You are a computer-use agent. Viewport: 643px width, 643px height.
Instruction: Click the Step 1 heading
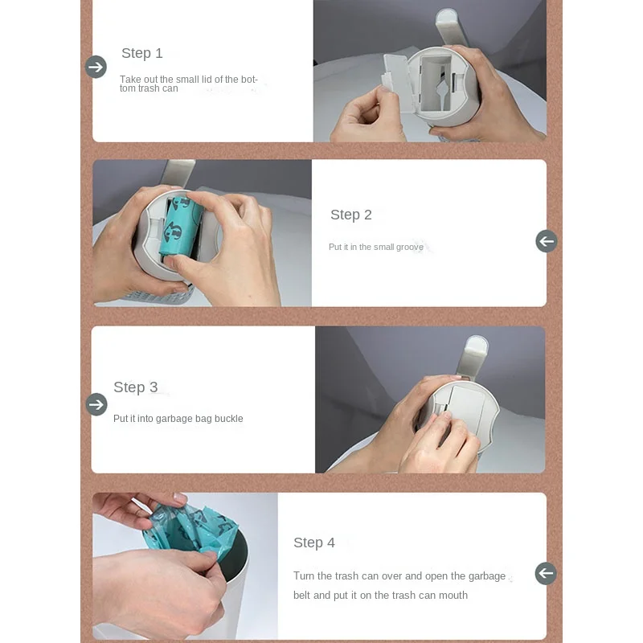click(142, 53)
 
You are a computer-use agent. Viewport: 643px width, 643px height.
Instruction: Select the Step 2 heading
click(351, 215)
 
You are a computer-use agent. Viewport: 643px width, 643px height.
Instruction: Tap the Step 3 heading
click(135, 387)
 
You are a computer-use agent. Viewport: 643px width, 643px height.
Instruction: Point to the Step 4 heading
click(314, 543)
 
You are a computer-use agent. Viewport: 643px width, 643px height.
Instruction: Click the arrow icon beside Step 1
click(96, 67)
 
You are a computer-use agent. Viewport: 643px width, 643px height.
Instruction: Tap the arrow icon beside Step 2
click(547, 242)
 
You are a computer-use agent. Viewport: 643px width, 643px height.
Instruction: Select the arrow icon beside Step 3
click(96, 405)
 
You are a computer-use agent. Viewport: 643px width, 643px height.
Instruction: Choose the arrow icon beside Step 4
click(546, 573)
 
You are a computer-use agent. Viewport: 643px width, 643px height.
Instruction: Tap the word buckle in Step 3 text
click(229, 419)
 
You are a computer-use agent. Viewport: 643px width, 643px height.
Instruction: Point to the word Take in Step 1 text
click(130, 79)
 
